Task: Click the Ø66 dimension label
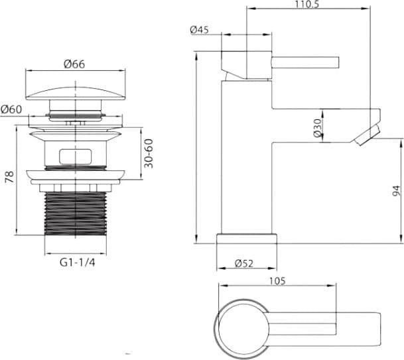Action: (x=74, y=64)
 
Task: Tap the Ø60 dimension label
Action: (x=11, y=109)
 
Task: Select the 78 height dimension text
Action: (x=10, y=176)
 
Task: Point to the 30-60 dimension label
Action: (x=149, y=153)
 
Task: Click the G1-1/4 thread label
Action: (x=78, y=263)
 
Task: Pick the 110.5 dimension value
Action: (x=306, y=4)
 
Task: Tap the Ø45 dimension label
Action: (x=200, y=30)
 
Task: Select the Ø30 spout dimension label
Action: (x=317, y=128)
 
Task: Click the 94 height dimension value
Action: (x=397, y=191)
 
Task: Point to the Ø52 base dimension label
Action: (x=244, y=263)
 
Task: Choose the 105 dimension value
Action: (x=277, y=281)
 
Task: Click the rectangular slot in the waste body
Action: (x=76, y=156)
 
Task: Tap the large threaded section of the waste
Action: (x=76, y=213)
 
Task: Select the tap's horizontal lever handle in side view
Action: (x=305, y=62)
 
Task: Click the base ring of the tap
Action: (x=247, y=239)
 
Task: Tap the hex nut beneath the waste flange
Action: (x=76, y=188)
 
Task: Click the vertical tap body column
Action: (x=247, y=157)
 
